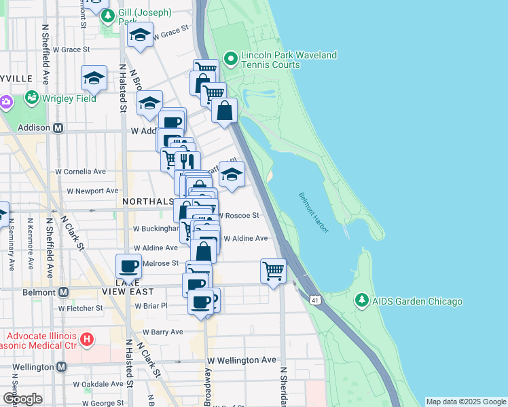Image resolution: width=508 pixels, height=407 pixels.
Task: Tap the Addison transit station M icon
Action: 58,128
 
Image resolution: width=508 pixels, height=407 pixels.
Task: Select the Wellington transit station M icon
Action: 62,367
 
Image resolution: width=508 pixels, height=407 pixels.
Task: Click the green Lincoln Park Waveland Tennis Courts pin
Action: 231,60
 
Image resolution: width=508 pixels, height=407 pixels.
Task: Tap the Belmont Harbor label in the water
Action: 314,212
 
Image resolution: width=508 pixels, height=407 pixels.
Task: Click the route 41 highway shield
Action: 314,299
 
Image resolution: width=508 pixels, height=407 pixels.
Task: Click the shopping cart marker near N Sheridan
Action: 273,271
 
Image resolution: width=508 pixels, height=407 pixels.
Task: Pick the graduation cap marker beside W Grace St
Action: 141,35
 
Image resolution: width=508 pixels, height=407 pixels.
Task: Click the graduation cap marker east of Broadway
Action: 232,174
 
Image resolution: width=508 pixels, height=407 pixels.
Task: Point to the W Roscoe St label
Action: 238,216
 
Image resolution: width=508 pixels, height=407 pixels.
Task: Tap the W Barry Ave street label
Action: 162,332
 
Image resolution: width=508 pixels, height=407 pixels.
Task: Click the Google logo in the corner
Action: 22,399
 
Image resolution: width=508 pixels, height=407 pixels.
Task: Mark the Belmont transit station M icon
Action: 63,292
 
